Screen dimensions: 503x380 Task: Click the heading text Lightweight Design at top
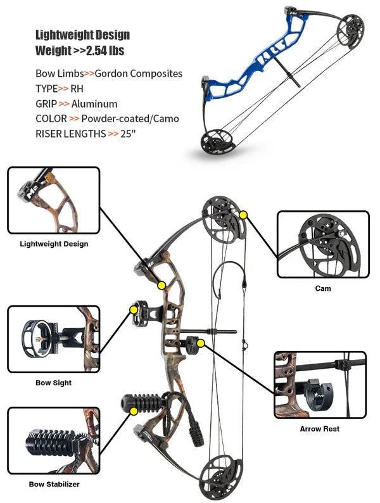82,35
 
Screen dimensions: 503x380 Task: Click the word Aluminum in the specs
94,104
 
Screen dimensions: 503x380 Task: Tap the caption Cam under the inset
322,288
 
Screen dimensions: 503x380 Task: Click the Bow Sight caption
53,383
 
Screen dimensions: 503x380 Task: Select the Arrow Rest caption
319,429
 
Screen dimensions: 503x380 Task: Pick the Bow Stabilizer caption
54,485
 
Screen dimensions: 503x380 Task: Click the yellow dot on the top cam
243,215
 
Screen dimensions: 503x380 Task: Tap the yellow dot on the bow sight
134,310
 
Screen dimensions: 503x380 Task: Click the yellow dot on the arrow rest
201,343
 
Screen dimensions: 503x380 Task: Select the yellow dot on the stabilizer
134,411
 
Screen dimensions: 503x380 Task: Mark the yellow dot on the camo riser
162,285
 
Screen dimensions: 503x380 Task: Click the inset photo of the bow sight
53,339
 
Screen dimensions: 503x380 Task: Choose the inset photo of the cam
322,245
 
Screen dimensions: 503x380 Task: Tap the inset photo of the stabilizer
53,440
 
